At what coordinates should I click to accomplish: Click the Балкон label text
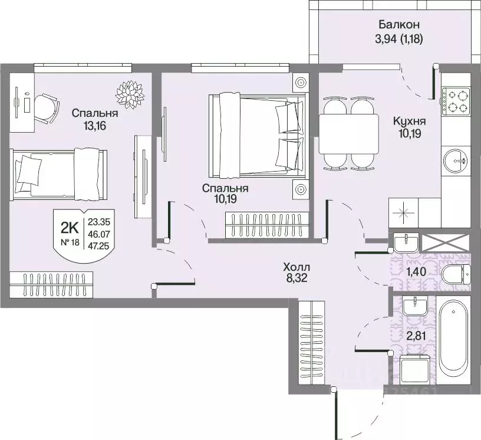399,24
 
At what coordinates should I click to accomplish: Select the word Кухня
410,122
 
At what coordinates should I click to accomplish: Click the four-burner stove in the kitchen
456,100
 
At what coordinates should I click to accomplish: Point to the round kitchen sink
456,160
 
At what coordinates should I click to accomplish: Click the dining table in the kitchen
349,134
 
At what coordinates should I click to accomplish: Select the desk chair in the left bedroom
46,108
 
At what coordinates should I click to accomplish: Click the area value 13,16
94,126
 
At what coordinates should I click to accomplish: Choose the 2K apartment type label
70,228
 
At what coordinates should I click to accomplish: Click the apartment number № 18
70,242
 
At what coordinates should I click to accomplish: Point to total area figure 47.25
99,245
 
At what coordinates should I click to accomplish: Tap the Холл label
296,266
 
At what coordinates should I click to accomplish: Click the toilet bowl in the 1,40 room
456,274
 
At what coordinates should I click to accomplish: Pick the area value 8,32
296,278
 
